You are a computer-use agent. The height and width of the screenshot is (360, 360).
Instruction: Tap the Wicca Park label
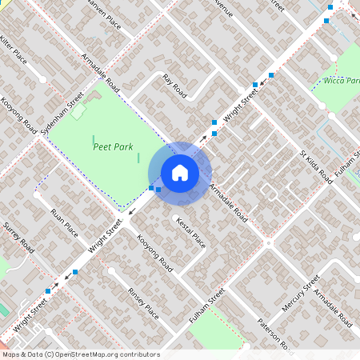click(x=342, y=81)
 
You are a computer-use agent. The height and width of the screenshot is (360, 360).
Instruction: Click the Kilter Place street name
click(x=14, y=50)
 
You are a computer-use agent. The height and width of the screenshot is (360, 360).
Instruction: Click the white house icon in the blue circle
click(x=179, y=172)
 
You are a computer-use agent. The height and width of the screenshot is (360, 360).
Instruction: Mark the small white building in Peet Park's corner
click(x=78, y=112)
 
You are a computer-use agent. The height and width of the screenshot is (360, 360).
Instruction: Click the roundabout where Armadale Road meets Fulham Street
click(x=270, y=242)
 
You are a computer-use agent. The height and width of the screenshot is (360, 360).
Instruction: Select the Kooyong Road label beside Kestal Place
click(x=154, y=253)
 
